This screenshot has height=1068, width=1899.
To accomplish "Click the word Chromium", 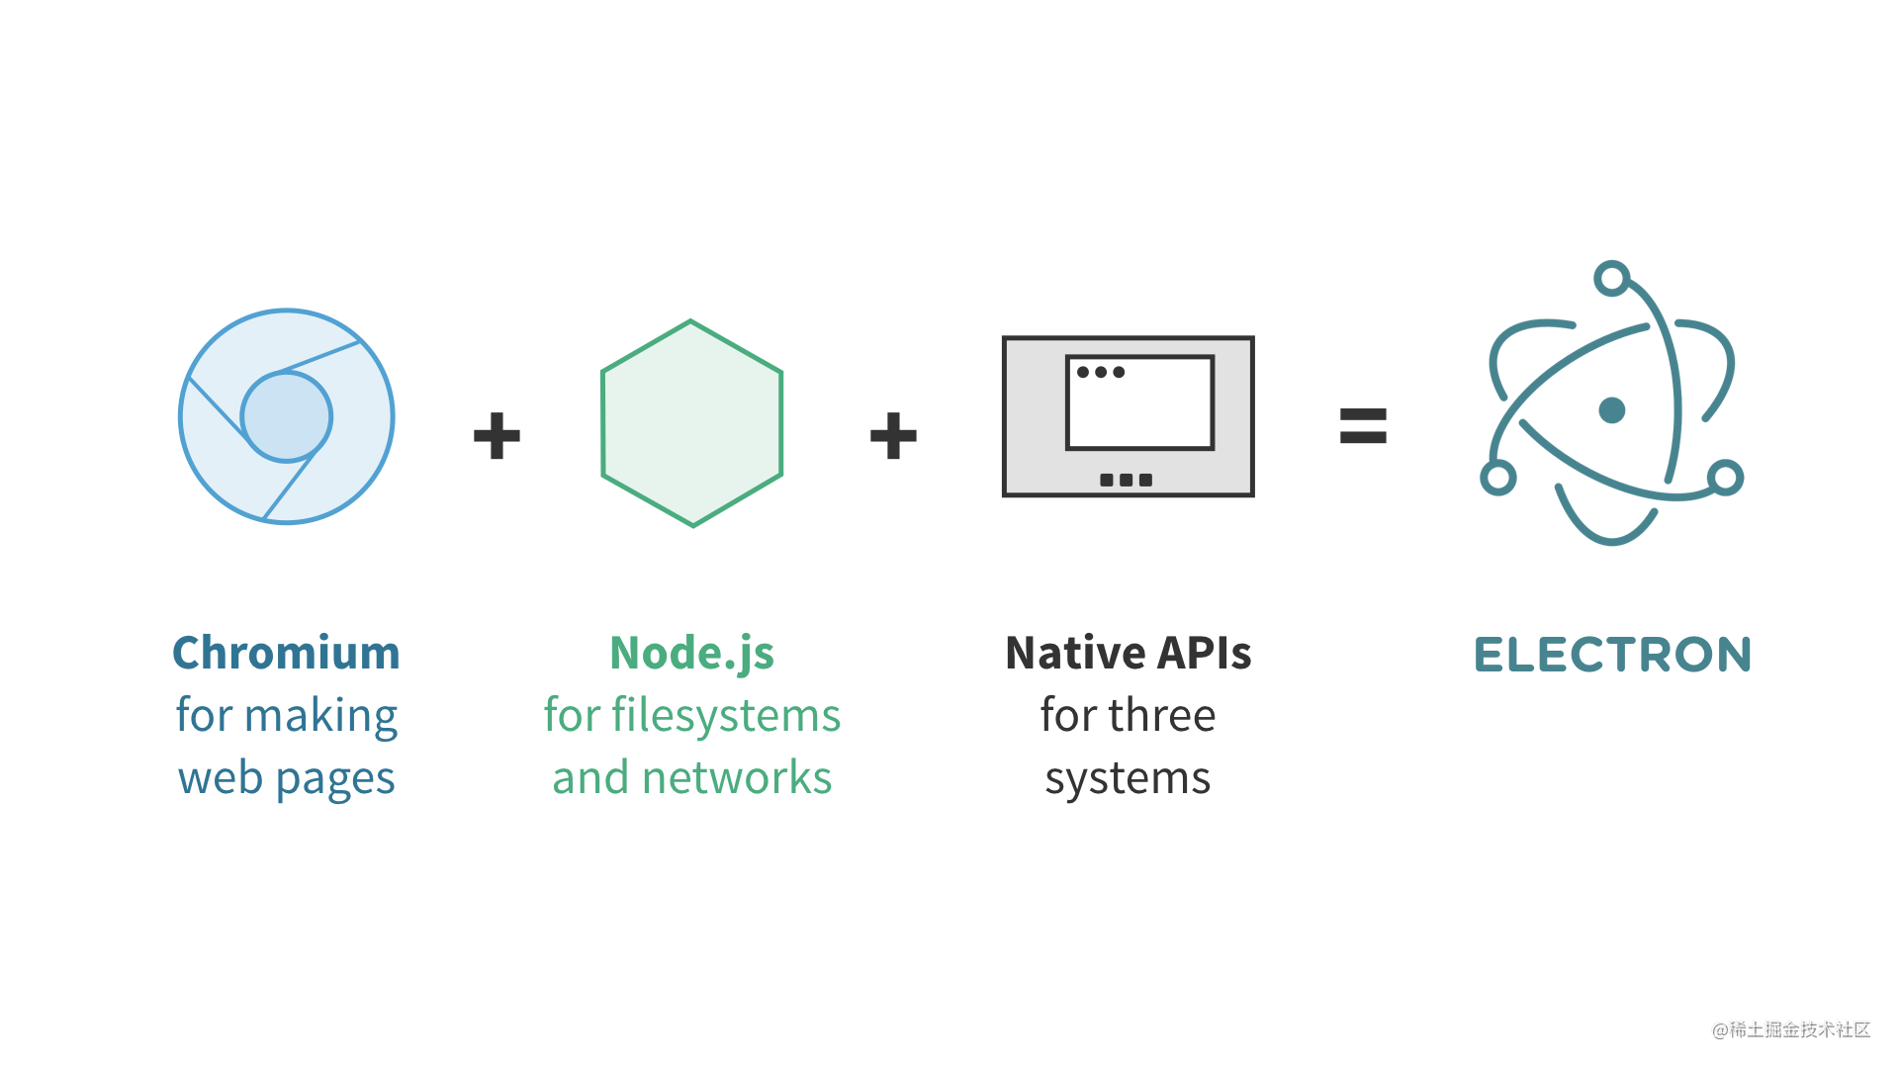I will click(x=286, y=654).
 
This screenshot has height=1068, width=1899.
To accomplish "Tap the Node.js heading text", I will click(x=691, y=654).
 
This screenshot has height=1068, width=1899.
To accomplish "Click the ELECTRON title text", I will click(x=1612, y=656).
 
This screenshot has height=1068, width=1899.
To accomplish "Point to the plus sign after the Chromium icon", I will click(x=497, y=436).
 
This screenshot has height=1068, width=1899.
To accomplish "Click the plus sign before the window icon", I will click(x=893, y=436).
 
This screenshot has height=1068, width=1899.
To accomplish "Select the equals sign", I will click(x=1363, y=426).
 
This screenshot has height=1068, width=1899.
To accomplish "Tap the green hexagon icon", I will click(x=691, y=423).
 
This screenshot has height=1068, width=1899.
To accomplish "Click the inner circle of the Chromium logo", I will click(x=287, y=417).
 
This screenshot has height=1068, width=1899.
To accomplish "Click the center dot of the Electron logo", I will click(x=1612, y=409).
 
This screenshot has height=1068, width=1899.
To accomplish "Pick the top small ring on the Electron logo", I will click(x=1612, y=278).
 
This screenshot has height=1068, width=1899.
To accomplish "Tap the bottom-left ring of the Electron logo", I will click(x=1497, y=478).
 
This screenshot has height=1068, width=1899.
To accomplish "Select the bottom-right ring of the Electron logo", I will click(x=1725, y=478).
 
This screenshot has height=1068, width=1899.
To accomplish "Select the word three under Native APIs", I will click(x=1162, y=716).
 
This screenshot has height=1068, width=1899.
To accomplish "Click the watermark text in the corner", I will click(x=1791, y=1030).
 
